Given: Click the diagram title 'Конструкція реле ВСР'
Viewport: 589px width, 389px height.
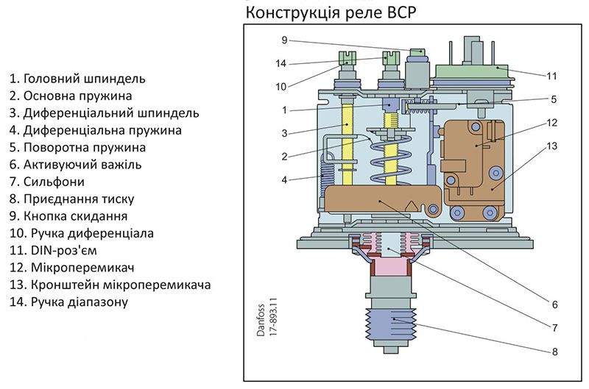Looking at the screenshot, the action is point(331,13).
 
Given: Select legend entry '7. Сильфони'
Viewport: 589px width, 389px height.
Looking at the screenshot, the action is point(47,182).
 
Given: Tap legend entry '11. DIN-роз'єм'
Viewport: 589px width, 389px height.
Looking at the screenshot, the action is point(53,250).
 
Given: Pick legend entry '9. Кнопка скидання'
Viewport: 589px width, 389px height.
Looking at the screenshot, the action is point(68,216).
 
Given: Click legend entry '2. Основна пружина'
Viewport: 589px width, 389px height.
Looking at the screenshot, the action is point(71,96).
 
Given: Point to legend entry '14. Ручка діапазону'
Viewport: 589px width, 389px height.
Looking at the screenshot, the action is point(68,301).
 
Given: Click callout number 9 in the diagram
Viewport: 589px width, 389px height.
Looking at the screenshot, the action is point(284,40).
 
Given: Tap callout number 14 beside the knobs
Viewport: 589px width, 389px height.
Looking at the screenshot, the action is point(281,63).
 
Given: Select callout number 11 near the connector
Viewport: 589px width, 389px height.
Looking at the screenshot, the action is point(551,76).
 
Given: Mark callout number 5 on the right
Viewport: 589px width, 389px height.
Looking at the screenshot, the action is point(554,99).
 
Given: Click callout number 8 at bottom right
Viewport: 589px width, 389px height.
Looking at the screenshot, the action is point(555,351).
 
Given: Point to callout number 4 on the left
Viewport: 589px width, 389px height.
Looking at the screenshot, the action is point(284,180).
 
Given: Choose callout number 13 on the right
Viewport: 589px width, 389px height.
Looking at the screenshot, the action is point(551,146).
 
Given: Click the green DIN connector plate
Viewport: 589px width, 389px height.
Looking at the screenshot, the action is point(471,71).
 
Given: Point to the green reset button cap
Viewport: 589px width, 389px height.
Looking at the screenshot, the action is point(417,51).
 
